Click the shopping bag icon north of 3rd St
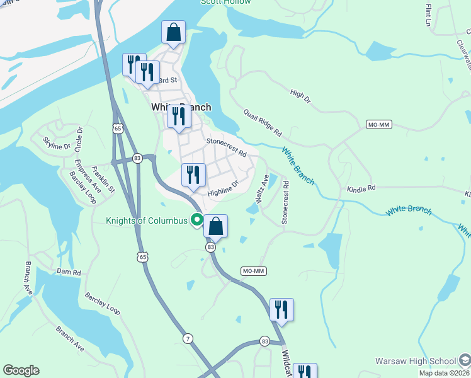click(x=173, y=33)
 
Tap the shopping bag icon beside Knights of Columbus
click(x=215, y=227)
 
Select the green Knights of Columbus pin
click(x=196, y=220)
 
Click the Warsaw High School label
click(x=415, y=361)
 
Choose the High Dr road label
click(x=300, y=96)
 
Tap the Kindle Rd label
click(x=361, y=188)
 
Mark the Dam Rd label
click(x=69, y=272)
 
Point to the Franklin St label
click(x=102, y=180)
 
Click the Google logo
click(x=21, y=370)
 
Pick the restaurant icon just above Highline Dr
click(x=193, y=175)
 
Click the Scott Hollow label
click(x=225, y=2)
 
